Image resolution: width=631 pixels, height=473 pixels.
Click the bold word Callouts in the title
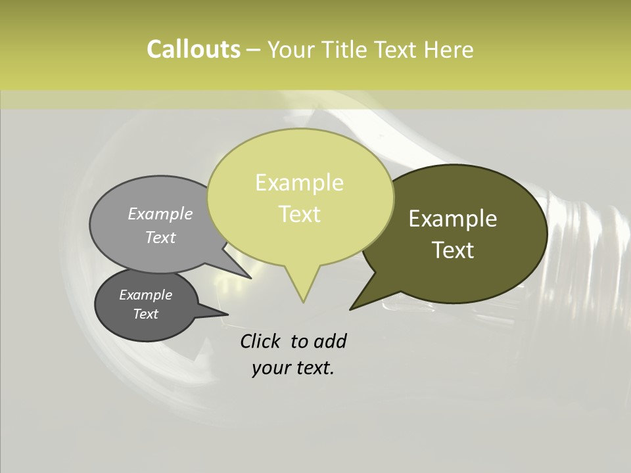pos(193,49)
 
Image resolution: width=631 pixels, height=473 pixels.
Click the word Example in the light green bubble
pos(299,183)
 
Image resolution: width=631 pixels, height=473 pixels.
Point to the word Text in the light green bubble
pos(299,214)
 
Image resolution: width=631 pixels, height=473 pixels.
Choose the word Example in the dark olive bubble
pos(453,219)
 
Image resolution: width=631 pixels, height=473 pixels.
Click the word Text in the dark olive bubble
pos(453,250)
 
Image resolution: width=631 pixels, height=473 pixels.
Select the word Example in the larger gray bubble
pos(160,214)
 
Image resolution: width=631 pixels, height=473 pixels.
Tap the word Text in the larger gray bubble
pos(160,237)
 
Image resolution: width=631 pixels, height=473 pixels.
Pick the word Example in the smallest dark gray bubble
pos(145,295)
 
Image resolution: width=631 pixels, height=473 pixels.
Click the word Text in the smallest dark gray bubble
pos(145,314)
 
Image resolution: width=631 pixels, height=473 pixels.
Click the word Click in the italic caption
pos(261,341)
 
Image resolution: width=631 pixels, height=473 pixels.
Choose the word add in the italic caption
pos(330,341)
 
